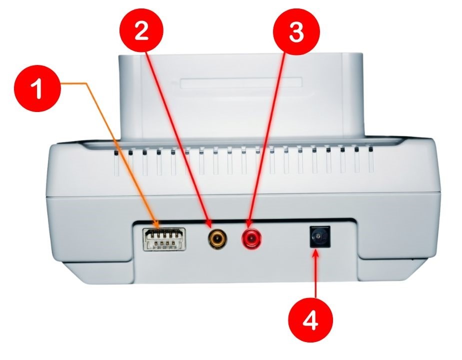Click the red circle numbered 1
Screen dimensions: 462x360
pos(37,88)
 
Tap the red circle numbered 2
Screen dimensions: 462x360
pos(141,31)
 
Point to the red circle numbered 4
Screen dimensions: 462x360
pos(310,319)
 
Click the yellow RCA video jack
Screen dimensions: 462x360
pos(216,238)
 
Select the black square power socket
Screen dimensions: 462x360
pos(319,236)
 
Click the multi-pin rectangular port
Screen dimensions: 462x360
pos(164,239)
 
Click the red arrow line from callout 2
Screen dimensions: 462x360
pos(179,138)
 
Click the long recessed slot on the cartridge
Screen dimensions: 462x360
pos(241,83)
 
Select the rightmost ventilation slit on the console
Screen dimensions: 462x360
pos(370,160)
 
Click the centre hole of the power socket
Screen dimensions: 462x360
pos(318,236)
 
